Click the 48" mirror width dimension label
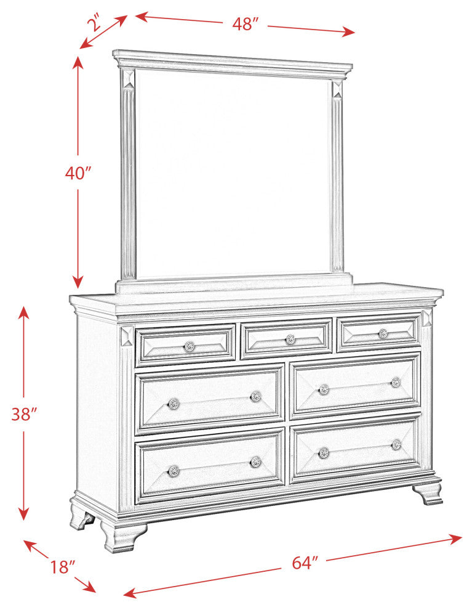(x=245, y=24)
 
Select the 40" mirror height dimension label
(x=78, y=173)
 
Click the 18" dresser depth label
(x=62, y=567)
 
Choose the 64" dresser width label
(x=305, y=563)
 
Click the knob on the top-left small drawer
(x=189, y=346)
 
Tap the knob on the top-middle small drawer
(x=290, y=340)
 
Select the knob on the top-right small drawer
(x=383, y=333)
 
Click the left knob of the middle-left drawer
(x=174, y=404)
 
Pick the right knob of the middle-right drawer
(x=396, y=382)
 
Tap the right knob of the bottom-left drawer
(x=255, y=462)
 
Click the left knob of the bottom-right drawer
(x=324, y=452)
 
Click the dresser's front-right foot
(x=428, y=494)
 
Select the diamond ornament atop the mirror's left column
(x=128, y=79)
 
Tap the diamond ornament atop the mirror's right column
(x=338, y=89)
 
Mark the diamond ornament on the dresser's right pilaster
(x=427, y=318)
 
